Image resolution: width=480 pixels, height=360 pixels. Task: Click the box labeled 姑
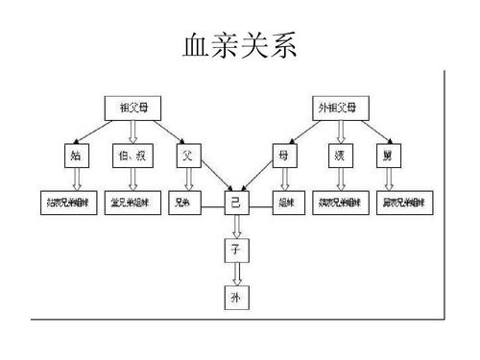75,154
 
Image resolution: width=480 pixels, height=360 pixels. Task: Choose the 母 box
283,154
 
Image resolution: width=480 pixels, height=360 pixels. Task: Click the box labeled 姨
339,154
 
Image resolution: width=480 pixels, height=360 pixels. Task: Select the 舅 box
387,154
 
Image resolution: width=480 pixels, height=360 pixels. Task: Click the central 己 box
236,203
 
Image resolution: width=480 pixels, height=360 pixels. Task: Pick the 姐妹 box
285,204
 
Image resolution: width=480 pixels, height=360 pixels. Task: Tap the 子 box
236,251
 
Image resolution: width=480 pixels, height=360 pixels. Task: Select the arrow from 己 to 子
236,227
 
